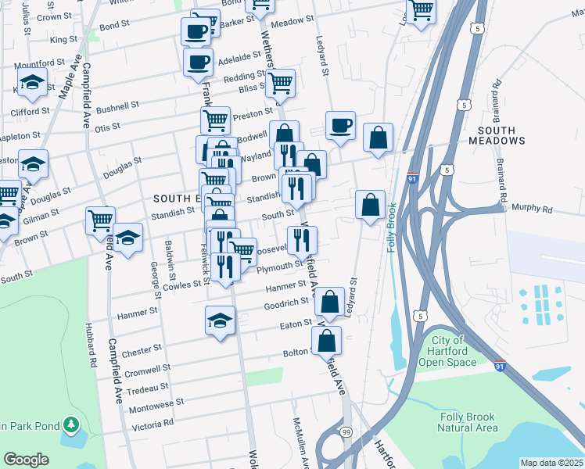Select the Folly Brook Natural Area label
(468, 422)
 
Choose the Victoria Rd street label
(153, 423)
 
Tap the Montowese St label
(156, 404)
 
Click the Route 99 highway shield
(345, 431)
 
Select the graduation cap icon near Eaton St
(221, 320)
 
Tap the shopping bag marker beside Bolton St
(326, 341)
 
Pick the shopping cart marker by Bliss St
(281, 83)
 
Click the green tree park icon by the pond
(71, 425)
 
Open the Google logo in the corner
(26, 460)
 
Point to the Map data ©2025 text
(551, 463)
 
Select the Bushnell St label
(117, 103)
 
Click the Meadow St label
(286, 23)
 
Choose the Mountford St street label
(39, 63)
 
